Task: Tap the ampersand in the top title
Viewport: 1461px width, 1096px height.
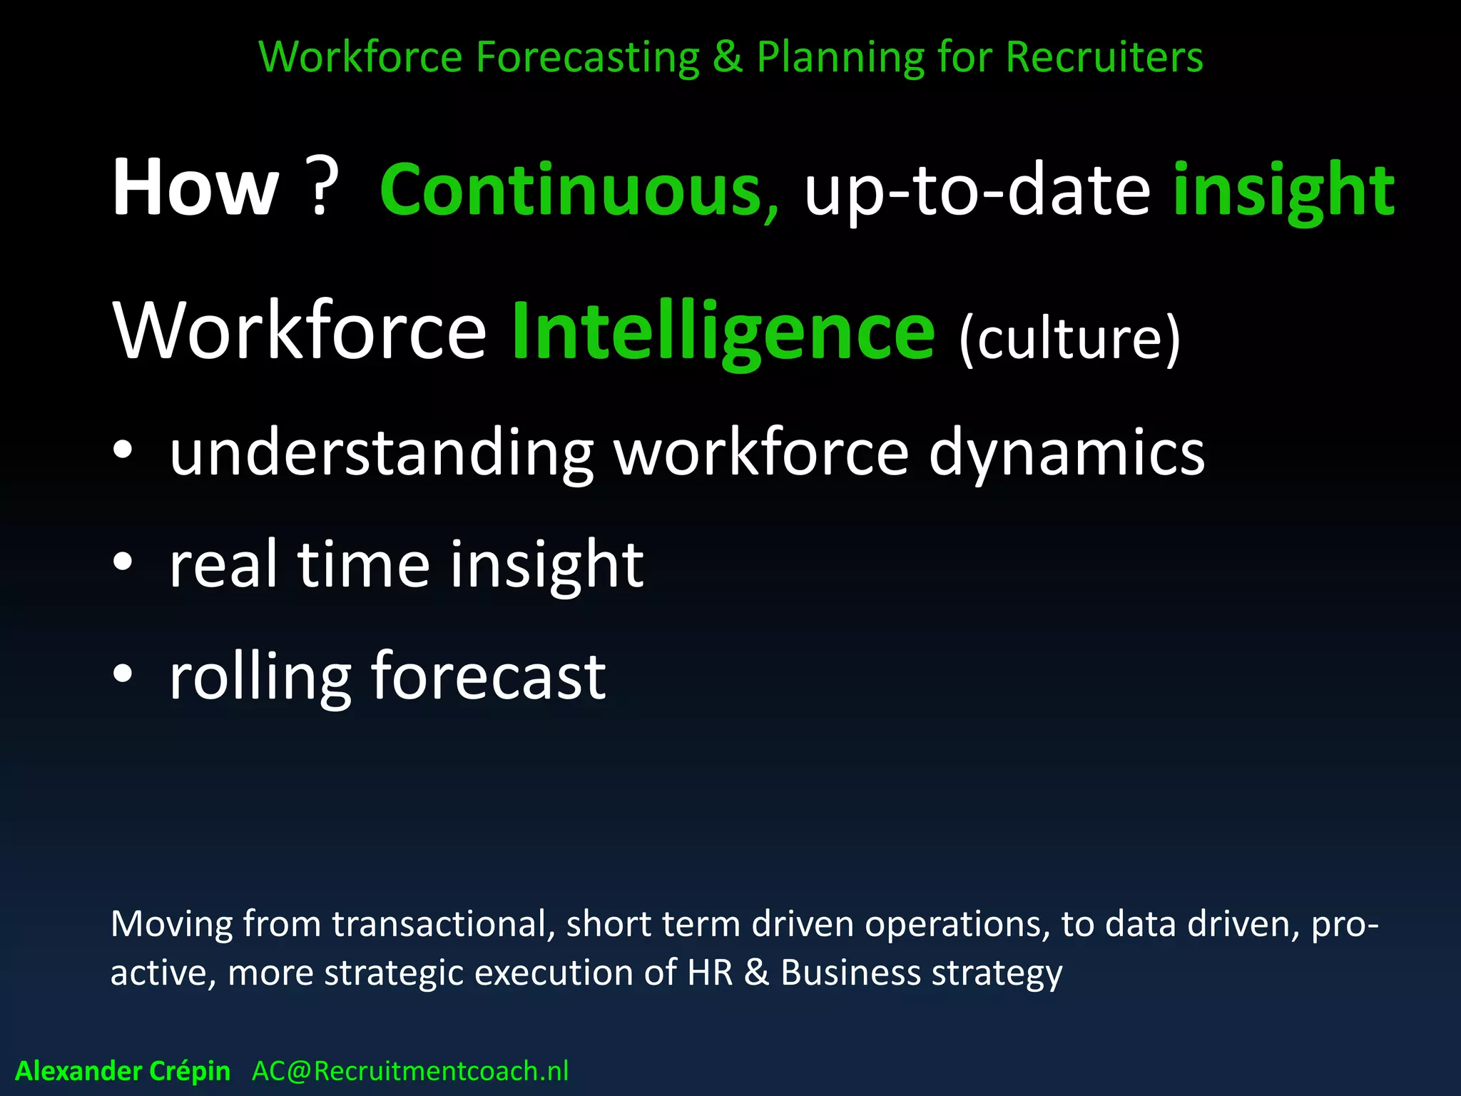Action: tap(727, 57)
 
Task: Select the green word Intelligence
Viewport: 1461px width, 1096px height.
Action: tap(723, 333)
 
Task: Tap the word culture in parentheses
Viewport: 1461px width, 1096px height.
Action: tap(1069, 338)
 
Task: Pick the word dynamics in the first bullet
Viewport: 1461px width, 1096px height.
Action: tap(1067, 454)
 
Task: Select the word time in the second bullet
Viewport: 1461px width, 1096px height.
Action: tap(363, 564)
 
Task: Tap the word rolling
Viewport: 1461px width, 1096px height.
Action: tap(260, 678)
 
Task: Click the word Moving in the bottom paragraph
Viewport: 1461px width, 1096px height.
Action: tap(171, 924)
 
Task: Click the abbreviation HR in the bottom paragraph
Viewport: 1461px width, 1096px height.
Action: tap(711, 973)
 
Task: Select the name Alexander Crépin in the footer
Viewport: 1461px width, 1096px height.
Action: tap(123, 1071)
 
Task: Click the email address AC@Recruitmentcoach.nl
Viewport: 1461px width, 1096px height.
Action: tap(410, 1071)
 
